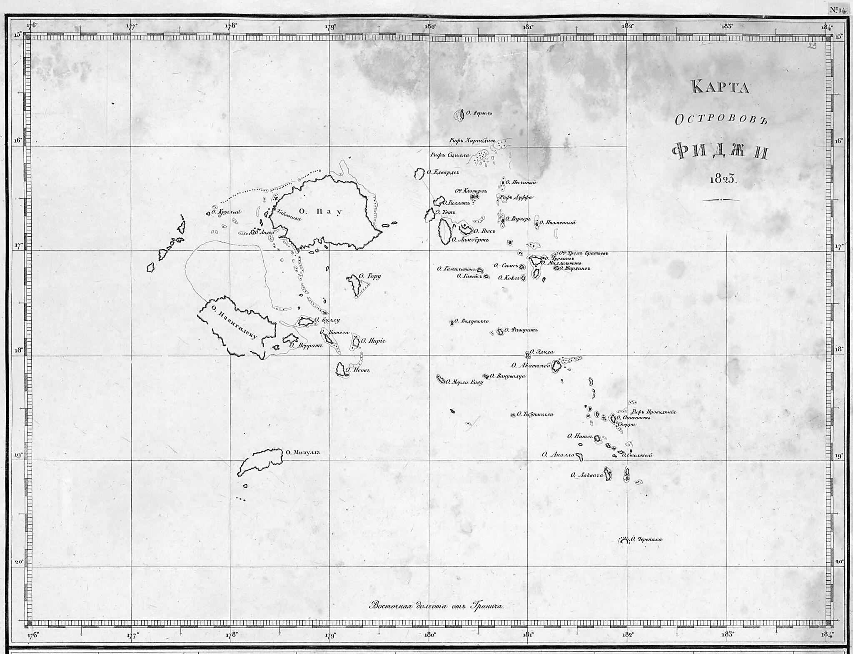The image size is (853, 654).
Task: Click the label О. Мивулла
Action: (x=303, y=452)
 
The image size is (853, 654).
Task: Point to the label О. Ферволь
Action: (x=479, y=113)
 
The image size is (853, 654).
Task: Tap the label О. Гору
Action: (x=370, y=276)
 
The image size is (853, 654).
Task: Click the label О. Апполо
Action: (x=558, y=455)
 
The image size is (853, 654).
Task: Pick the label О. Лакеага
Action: (x=587, y=475)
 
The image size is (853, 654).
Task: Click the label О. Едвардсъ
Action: (x=443, y=172)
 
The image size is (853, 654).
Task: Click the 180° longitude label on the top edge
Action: (x=430, y=27)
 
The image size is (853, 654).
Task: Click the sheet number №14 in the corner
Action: (x=837, y=10)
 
